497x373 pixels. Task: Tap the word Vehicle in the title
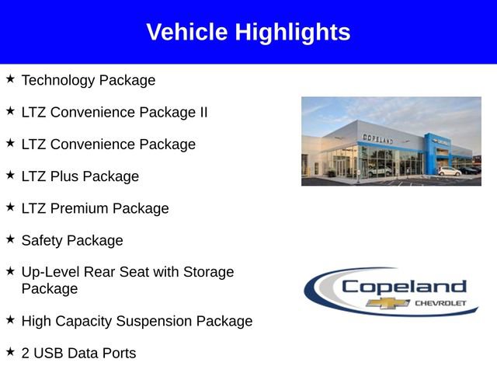coord(187,33)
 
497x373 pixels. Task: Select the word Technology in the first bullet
coord(59,80)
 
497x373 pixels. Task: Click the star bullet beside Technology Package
coord(10,79)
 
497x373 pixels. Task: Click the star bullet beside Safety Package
coord(10,239)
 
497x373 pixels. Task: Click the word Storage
coord(208,272)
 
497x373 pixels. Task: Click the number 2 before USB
coord(26,353)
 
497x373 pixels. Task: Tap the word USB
coord(50,353)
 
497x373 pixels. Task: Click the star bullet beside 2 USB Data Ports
coord(10,352)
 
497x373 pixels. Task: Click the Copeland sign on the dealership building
coord(377,138)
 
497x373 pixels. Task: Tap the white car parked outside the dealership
coord(449,171)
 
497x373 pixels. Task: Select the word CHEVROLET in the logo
coord(440,302)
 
